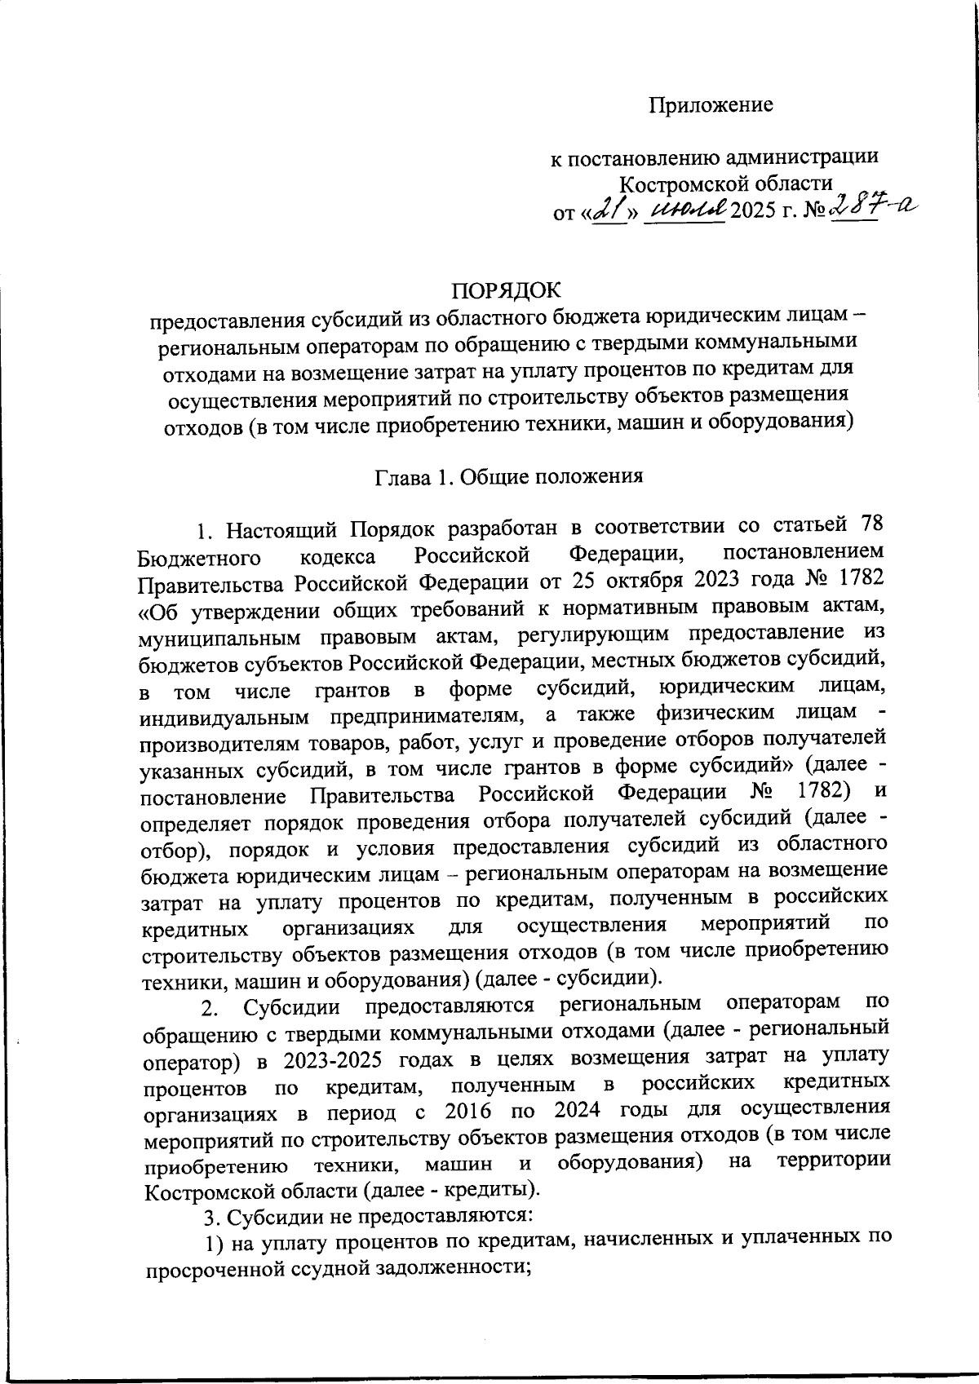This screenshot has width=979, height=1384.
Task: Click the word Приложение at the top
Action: (x=711, y=105)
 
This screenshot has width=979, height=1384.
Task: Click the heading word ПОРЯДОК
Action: (x=507, y=291)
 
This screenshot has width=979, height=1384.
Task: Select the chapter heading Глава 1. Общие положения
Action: (x=509, y=477)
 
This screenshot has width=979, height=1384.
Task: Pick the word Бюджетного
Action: (x=199, y=559)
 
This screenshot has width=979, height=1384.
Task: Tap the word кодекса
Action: (x=338, y=558)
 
